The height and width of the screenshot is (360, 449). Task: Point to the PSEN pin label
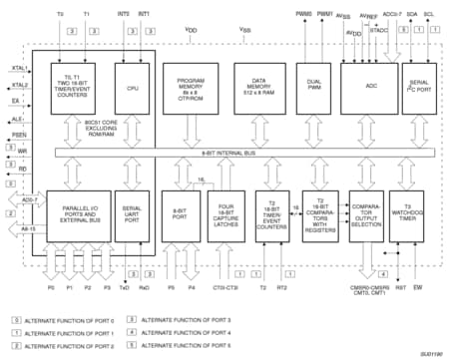click(x=17, y=133)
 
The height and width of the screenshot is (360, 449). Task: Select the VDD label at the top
click(x=191, y=31)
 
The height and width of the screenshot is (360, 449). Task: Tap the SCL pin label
click(x=429, y=15)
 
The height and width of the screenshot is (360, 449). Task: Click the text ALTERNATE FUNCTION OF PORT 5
click(x=187, y=344)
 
